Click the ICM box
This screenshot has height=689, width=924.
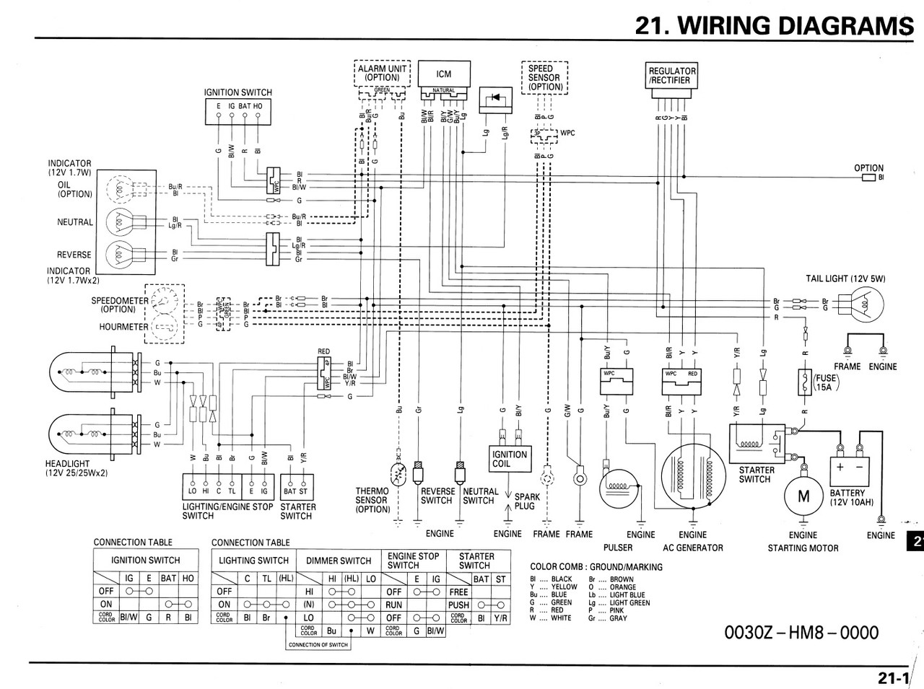tap(443, 74)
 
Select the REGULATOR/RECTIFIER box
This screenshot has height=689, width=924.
tap(672, 76)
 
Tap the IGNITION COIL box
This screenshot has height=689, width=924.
tap(510, 459)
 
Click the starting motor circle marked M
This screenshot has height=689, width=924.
tap(803, 497)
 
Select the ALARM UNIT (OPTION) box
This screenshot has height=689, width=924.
tap(382, 73)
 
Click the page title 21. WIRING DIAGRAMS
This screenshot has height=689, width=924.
tap(769, 25)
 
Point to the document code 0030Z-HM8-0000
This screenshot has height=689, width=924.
tap(801, 633)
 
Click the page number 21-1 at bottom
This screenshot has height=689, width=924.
tap(893, 677)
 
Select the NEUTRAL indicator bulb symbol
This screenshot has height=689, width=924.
tap(121, 222)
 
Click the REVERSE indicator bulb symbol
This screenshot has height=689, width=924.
tap(121, 255)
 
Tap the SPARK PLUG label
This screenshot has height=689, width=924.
tap(527, 501)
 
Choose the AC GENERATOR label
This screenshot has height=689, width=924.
tap(692, 548)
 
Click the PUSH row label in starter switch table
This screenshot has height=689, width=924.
tap(458, 605)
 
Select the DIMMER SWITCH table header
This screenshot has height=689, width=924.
tap(339, 561)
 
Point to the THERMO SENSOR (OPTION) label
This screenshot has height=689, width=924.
tap(372, 500)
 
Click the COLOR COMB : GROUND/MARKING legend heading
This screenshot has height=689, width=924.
tap(596, 567)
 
